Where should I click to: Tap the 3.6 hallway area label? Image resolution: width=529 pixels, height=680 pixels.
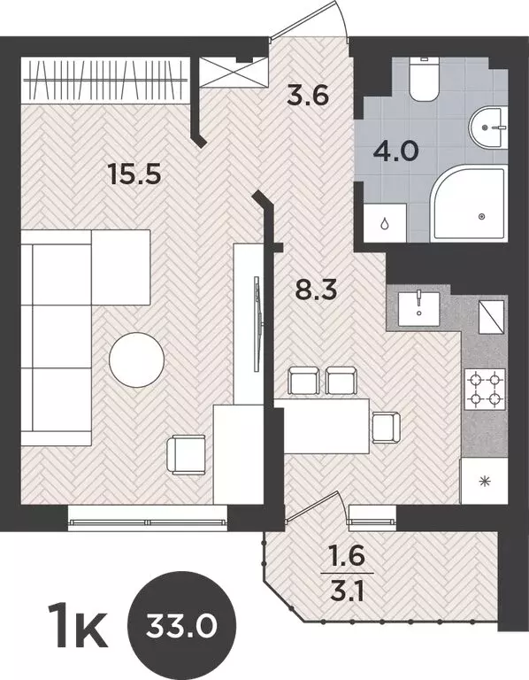point(309,93)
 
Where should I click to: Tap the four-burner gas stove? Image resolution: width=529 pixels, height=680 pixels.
point(484,389)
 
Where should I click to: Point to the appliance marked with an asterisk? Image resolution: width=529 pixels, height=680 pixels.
point(484,482)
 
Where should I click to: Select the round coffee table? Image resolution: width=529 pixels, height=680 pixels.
point(136,357)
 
